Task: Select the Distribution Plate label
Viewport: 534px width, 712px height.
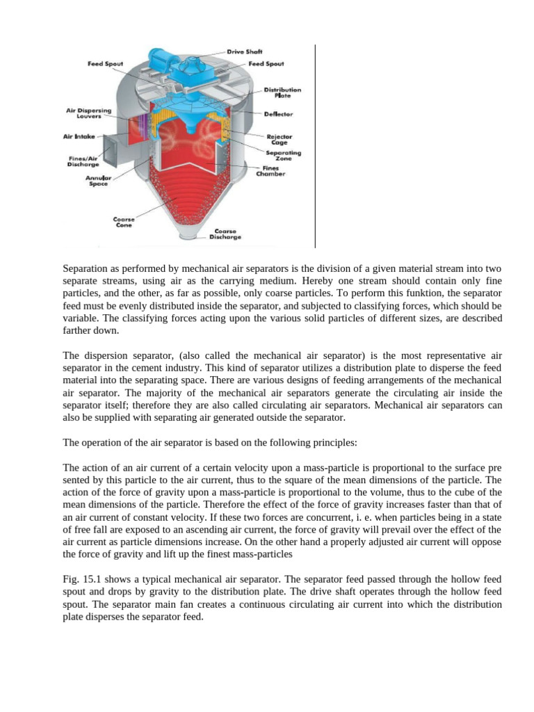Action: pyautogui.click(x=282, y=93)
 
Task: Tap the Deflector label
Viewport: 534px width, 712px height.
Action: pyautogui.click(x=278, y=113)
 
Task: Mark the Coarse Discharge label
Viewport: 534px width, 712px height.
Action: pyautogui.click(x=226, y=234)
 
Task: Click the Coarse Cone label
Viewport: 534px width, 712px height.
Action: pyautogui.click(x=124, y=222)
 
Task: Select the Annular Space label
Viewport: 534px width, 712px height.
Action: pyautogui.click(x=97, y=181)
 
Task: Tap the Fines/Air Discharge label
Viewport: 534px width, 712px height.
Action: pyautogui.click(x=83, y=161)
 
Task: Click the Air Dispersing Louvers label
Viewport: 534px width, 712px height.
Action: pyautogui.click(x=88, y=113)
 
